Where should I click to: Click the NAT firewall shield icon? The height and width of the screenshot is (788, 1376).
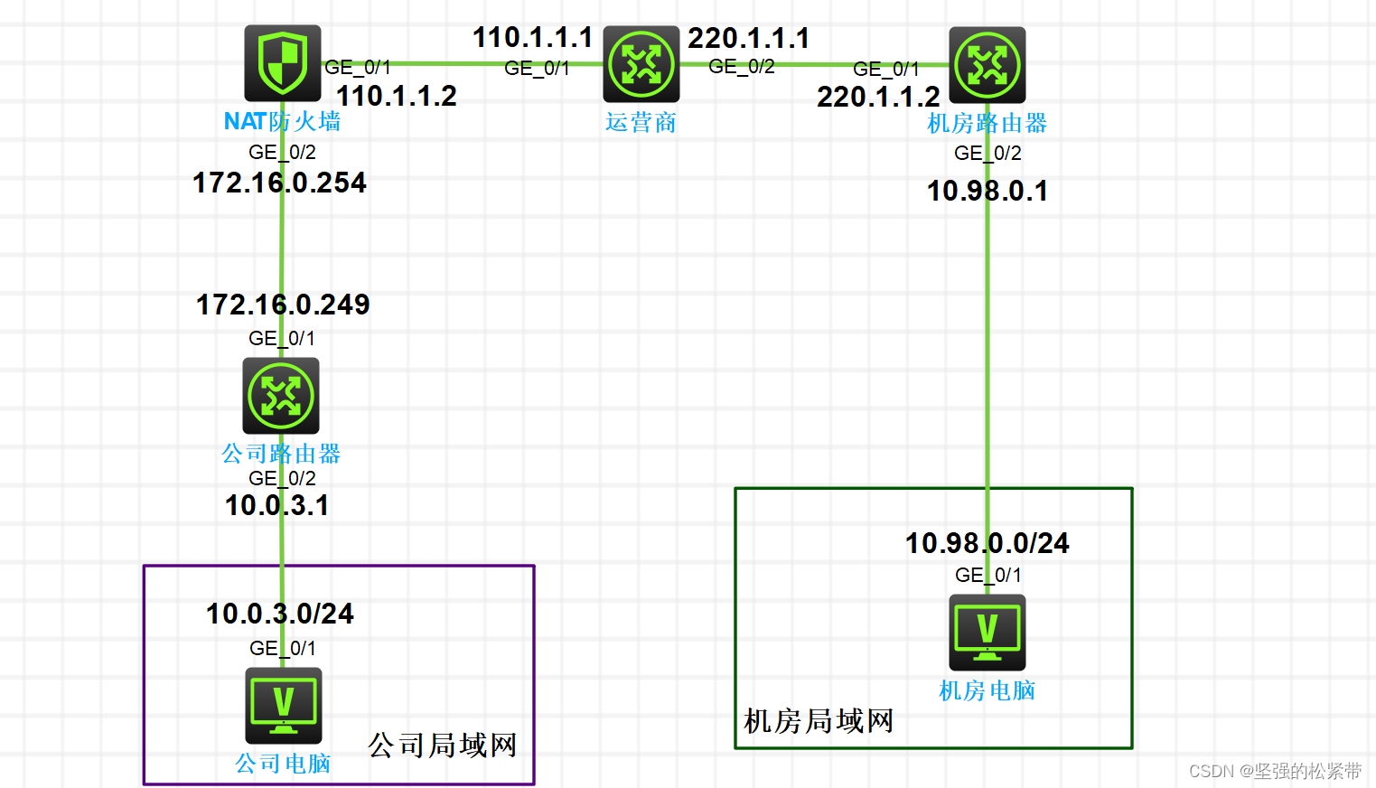point(283,62)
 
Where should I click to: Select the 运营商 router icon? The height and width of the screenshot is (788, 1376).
point(641,64)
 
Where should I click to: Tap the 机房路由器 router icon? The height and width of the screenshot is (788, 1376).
point(988,65)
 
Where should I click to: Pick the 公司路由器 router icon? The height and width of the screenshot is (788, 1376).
point(281,396)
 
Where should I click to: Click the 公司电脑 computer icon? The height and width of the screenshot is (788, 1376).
point(284,705)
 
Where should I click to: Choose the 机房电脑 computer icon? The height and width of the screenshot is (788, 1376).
point(988,632)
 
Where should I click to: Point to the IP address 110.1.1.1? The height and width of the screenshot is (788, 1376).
point(532,38)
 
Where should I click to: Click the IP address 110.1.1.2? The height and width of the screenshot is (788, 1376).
point(397,96)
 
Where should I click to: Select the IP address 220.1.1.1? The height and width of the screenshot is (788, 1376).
point(748,39)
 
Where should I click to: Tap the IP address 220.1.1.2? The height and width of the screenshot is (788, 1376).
point(878,97)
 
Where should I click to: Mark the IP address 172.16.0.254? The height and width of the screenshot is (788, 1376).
point(279,183)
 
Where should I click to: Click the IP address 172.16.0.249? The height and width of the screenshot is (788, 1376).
point(283,305)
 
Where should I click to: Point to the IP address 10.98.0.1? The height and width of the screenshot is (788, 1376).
point(988,191)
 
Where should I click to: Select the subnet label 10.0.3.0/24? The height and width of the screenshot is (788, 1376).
point(280,614)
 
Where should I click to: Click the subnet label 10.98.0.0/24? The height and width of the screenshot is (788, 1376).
point(988,543)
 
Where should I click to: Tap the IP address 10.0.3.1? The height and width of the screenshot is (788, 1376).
point(276,506)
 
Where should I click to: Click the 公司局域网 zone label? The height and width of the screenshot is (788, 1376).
point(443,746)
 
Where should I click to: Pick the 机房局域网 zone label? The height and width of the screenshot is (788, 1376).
point(819,721)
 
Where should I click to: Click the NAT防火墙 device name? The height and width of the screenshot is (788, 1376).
point(282,122)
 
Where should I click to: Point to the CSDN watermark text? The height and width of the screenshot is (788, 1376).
point(1275,771)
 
